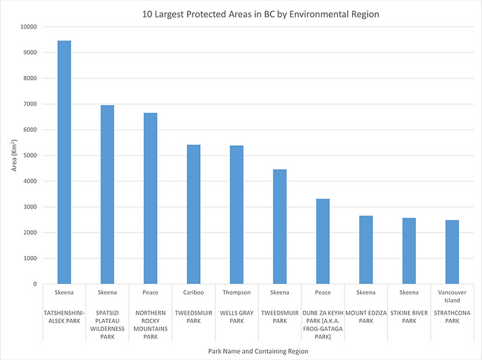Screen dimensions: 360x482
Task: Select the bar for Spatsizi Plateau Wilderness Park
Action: (x=107, y=195)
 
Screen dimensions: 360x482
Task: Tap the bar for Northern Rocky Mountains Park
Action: (x=150, y=199)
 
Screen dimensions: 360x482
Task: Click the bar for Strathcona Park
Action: (x=452, y=252)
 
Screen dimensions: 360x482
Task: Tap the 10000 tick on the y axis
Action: (x=28, y=27)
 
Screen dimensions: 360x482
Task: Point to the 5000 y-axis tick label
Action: (x=29, y=156)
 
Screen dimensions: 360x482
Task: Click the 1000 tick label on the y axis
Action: (x=29, y=259)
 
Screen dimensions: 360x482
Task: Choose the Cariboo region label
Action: (x=193, y=293)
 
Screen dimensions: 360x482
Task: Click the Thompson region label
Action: (x=236, y=293)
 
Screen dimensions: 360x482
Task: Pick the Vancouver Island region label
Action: (x=452, y=297)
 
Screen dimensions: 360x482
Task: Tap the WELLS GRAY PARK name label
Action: (x=236, y=318)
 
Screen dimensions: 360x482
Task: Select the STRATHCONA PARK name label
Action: (x=452, y=318)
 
